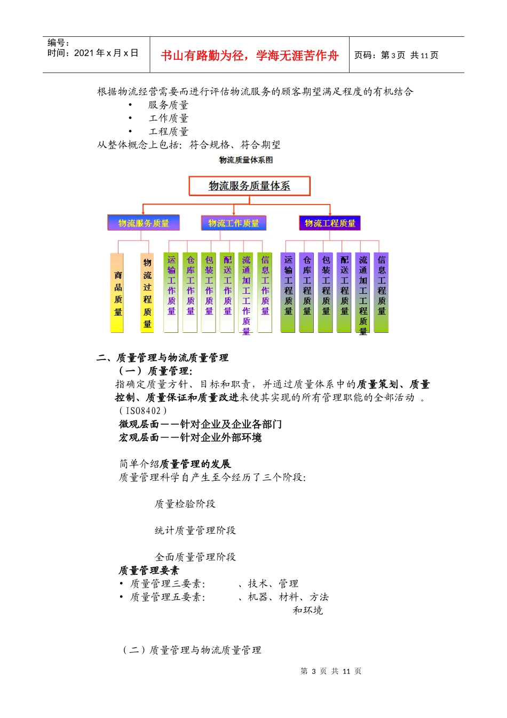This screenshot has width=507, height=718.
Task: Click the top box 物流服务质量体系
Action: point(249,186)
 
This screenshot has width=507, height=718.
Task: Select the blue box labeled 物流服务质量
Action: point(144,223)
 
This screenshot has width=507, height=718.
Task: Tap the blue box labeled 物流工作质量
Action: point(233,223)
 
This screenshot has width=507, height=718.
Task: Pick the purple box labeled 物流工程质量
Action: point(330,223)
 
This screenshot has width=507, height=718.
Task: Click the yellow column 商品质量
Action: point(117,293)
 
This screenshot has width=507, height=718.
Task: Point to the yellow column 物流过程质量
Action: point(147,293)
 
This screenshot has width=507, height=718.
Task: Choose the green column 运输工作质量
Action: point(171,293)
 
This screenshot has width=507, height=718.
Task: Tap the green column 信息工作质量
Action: point(265,293)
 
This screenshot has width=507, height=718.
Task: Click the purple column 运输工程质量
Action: point(288,293)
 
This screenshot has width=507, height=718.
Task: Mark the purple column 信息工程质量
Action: point(382,293)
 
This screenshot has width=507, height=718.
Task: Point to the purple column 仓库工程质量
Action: point(307,293)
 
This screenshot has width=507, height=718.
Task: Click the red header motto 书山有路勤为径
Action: point(249,56)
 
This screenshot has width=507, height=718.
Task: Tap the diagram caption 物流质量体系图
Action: point(246,160)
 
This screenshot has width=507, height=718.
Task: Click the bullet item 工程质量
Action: point(169,131)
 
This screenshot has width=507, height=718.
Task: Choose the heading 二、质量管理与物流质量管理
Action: point(162,357)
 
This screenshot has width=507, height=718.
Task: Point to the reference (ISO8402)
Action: point(142,411)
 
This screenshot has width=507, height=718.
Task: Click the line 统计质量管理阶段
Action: point(195,530)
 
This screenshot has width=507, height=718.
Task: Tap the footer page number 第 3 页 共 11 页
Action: point(331,671)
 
